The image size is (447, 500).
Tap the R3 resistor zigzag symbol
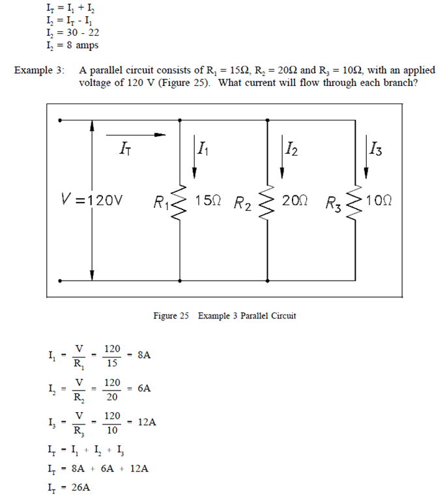point(356,201)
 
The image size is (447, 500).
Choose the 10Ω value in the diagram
point(378,199)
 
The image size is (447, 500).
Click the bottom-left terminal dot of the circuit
point(60,281)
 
